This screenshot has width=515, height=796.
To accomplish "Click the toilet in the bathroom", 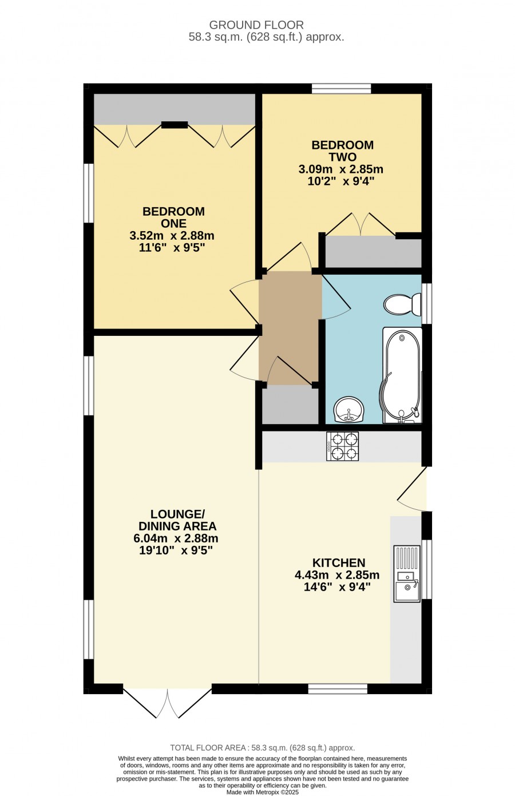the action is pos(402,304).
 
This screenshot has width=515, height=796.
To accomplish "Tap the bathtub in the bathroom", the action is pos(402,375).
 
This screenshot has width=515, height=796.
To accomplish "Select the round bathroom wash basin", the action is pos(348,410).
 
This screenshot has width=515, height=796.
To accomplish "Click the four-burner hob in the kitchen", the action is pos(342,446).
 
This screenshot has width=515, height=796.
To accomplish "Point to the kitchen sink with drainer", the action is pos(407,574).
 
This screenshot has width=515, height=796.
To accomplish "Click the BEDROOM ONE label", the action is pos(173,217).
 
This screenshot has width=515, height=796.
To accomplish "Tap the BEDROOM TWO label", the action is pos(342,151).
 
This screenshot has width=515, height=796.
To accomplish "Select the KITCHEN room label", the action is pos(339,563).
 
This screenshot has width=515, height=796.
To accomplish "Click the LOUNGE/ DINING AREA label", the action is pos(177,520).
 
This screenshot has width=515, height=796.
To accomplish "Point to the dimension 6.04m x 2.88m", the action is pos(176,538).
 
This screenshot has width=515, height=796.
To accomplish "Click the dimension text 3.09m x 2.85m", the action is pos(340,169).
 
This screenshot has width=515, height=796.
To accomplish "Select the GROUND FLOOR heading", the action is pos(256,25).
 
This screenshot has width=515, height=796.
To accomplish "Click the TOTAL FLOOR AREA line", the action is pos(262,748).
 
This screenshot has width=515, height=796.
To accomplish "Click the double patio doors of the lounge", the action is pos(168,705).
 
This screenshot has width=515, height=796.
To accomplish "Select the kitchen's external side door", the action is pos(412,489).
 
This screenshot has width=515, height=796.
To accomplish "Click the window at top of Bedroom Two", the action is pos(341,88).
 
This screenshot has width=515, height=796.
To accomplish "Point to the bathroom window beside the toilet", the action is pos(426,303).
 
